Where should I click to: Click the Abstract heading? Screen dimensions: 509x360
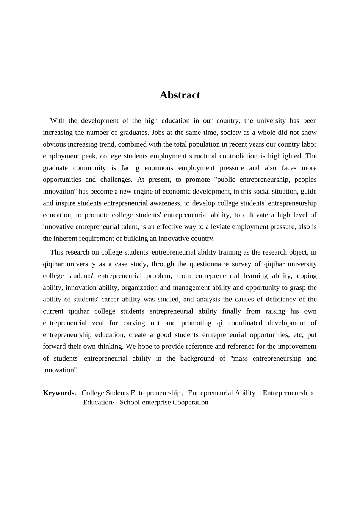click(180, 95)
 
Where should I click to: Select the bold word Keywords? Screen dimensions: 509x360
click(59, 393)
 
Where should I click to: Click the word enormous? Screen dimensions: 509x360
click(158, 168)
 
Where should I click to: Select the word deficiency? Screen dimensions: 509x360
click(280, 299)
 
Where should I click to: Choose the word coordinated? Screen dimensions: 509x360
click(245, 323)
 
